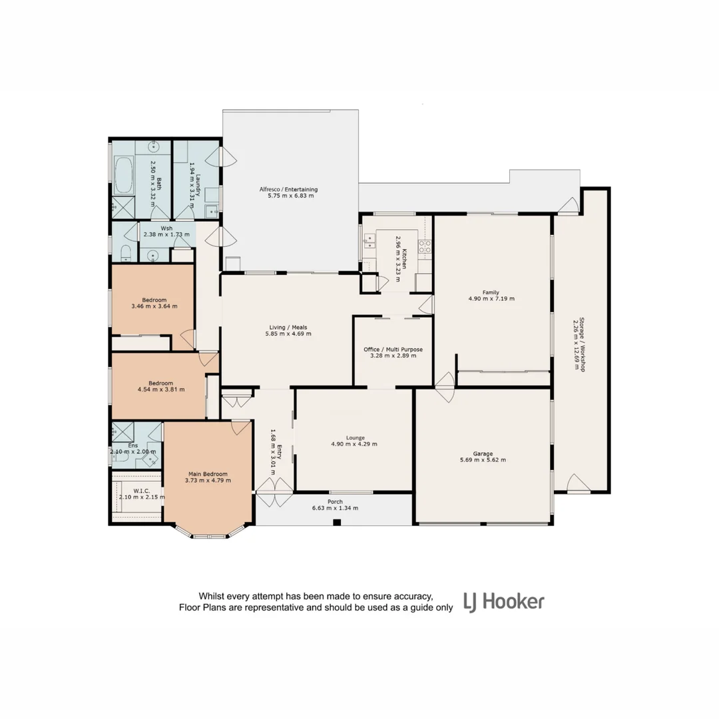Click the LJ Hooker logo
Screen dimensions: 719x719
pyautogui.click(x=504, y=602)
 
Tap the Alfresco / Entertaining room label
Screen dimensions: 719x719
pyautogui.click(x=288, y=189)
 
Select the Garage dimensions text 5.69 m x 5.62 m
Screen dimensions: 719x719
pyautogui.click(x=483, y=460)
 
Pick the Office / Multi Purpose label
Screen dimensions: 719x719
pyautogui.click(x=393, y=349)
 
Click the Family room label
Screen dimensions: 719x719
pyautogui.click(x=491, y=292)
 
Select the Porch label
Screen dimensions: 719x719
pyautogui.click(x=335, y=501)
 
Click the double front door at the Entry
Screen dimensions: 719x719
pyautogui.click(x=274, y=501)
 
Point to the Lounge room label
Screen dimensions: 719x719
pyautogui.click(x=354, y=437)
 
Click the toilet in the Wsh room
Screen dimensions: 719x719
pyautogui.click(x=124, y=253)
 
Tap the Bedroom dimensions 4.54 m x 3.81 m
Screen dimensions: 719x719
pyautogui.click(x=160, y=390)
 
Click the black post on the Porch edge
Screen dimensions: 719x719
pyautogui.click(x=337, y=523)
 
